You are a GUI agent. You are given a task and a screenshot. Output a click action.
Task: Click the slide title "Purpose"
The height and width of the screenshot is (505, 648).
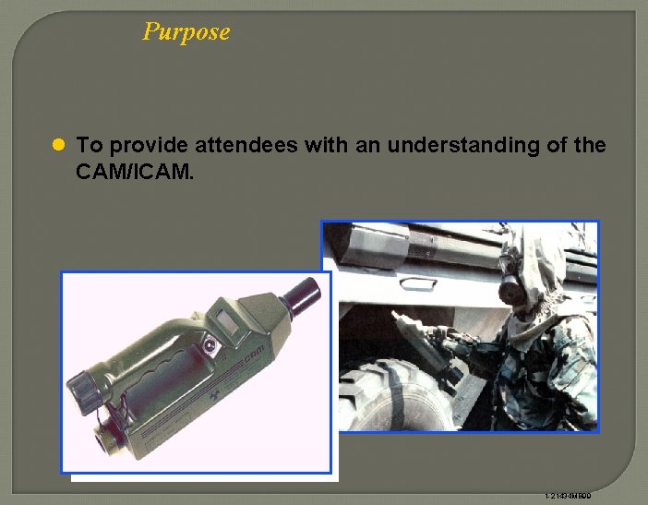click(x=186, y=31)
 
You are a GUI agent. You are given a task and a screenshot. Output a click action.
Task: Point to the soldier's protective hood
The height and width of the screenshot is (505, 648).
click(x=546, y=268)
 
